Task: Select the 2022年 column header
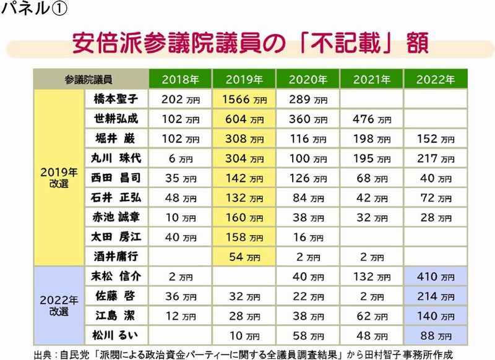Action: (435, 80)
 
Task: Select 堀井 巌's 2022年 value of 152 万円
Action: (435, 139)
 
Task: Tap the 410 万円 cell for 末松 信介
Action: (435, 277)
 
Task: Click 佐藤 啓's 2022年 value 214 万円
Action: (435, 297)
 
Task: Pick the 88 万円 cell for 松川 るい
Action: (435, 337)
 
